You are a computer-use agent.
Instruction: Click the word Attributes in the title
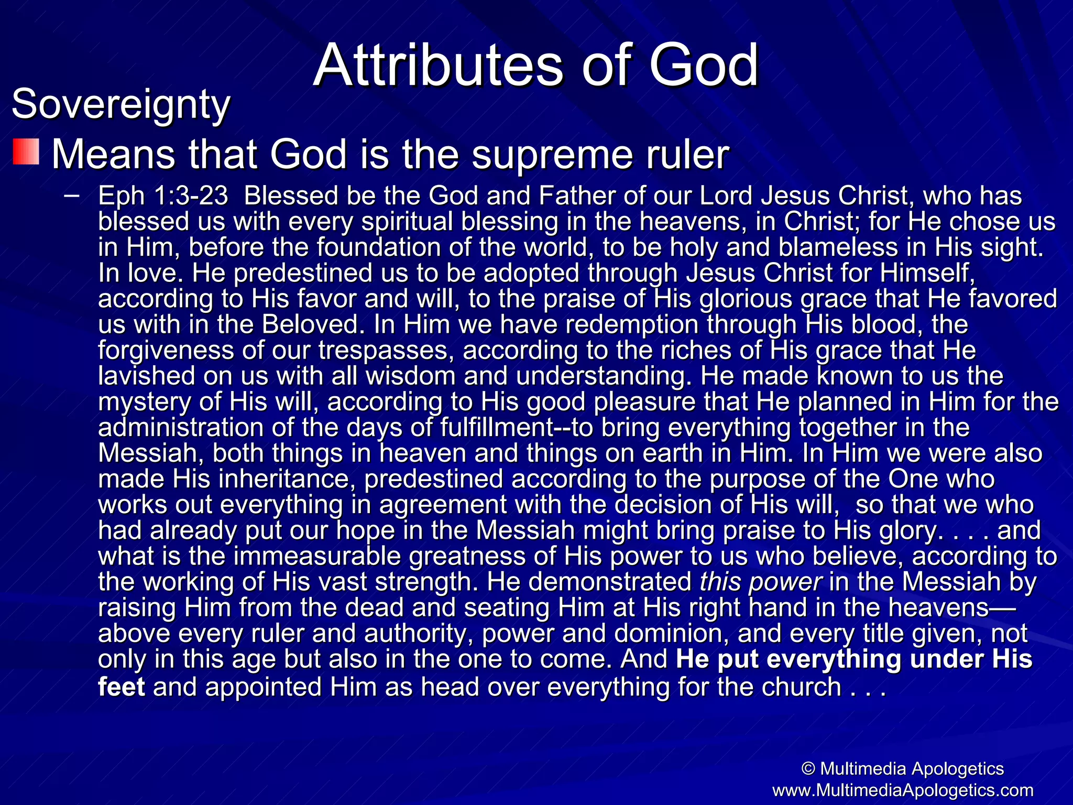[x=438, y=66]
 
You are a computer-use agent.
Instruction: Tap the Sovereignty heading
[x=121, y=104]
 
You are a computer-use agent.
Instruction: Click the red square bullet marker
[x=26, y=152]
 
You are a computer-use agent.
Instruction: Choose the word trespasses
[x=386, y=350]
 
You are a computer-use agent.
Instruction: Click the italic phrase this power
[x=761, y=582]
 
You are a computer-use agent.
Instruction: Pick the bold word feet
[x=122, y=687]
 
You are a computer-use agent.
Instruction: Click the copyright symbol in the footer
[x=808, y=769]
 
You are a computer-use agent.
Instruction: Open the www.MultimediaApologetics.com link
[x=903, y=790]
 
